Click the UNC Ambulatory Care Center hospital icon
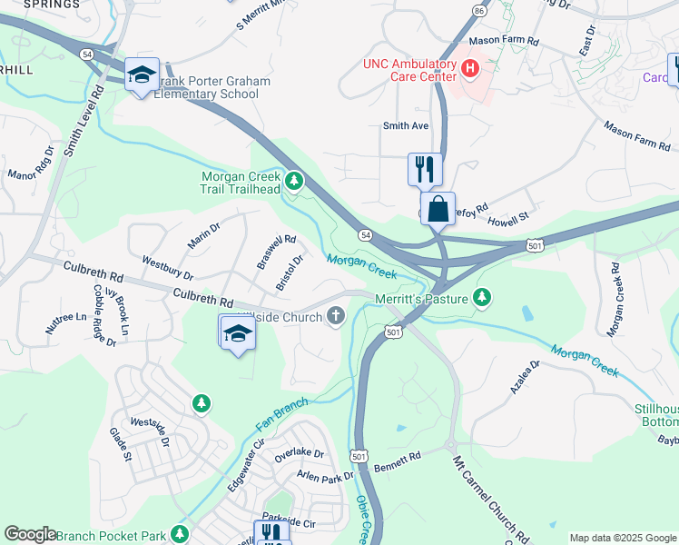[470, 67]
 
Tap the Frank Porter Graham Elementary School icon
[142, 75]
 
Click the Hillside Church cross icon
[336, 316]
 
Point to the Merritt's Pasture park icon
[483, 297]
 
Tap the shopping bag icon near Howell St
[438, 209]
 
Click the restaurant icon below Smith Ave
[424, 169]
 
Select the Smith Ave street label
[405, 126]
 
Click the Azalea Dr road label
[524, 376]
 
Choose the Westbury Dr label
[167, 267]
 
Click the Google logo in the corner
[30, 534]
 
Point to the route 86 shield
[478, 10]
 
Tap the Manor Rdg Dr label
[30, 164]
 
